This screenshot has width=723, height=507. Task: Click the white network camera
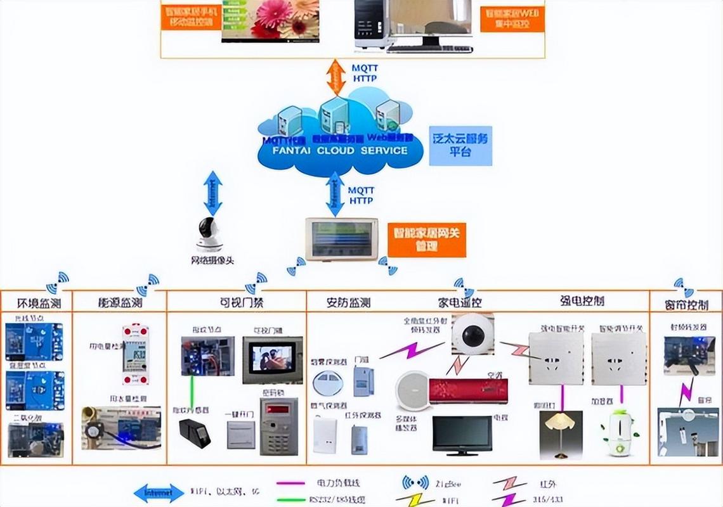pos(210,235)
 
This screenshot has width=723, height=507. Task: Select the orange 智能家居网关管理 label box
pos(426,239)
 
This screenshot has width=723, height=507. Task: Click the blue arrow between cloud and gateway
pos(335,195)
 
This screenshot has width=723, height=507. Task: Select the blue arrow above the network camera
pos(213,192)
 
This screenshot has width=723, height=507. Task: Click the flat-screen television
pos(462,435)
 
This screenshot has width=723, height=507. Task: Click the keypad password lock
pos(278,427)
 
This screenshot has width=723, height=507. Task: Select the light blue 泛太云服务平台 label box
pos(460,145)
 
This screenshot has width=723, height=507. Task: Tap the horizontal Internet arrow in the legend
pos(159,492)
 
